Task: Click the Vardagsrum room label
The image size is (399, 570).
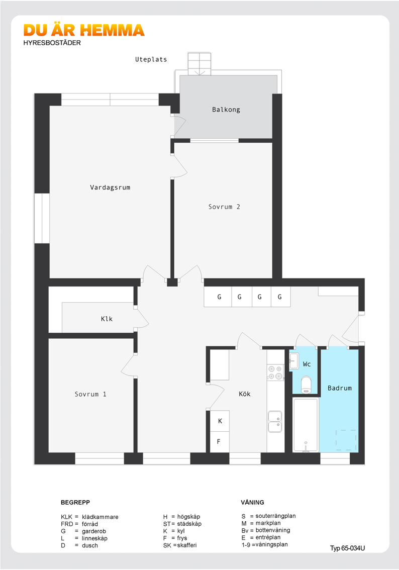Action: [x=110, y=187]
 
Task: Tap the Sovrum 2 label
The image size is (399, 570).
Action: [x=224, y=207]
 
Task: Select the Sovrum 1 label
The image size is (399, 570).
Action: [x=90, y=394]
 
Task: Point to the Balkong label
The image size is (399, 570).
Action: [x=226, y=110]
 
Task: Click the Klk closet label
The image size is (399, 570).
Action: [x=107, y=319]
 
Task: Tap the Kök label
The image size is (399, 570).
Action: [x=245, y=394]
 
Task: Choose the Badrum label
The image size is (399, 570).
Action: [x=340, y=388]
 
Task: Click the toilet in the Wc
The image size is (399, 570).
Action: [x=307, y=385]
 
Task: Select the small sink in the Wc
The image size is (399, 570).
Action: [x=293, y=361]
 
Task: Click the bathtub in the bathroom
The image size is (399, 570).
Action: [x=306, y=425]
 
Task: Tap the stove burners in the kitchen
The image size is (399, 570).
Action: [x=275, y=372]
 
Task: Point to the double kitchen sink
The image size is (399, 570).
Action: [x=275, y=421]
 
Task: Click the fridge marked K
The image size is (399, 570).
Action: [x=220, y=421]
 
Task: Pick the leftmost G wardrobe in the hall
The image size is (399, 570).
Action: [x=218, y=297]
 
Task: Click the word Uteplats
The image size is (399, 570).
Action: [x=151, y=59]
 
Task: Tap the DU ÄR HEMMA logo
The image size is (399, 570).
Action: [x=84, y=31]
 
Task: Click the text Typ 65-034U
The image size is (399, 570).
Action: [x=347, y=548]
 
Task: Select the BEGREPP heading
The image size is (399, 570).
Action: [x=75, y=502]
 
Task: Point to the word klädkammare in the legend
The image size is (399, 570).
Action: [x=100, y=517]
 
